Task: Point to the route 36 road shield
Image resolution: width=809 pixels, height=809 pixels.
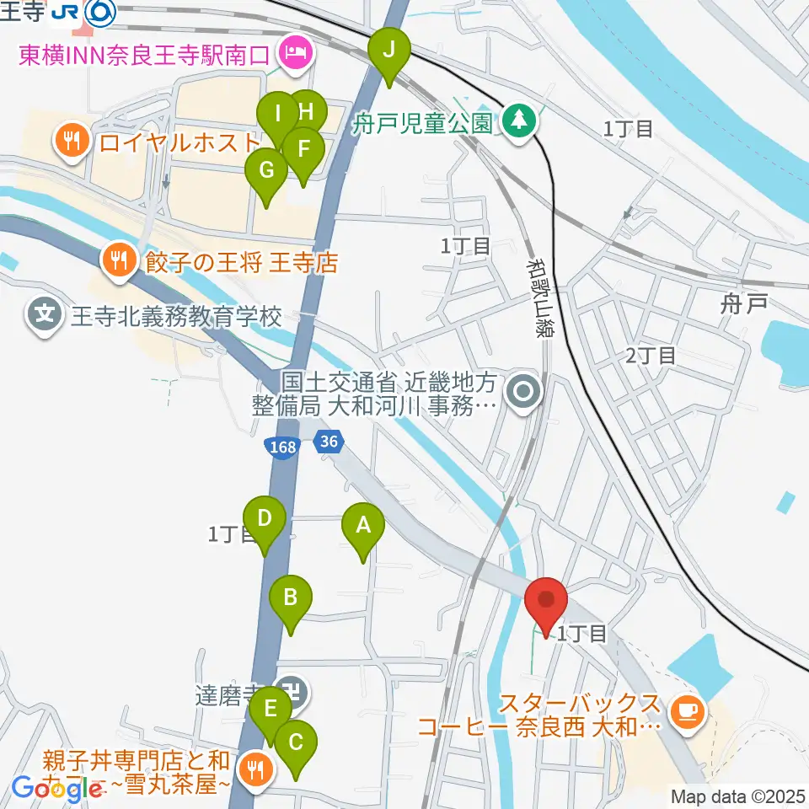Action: pos(331,441)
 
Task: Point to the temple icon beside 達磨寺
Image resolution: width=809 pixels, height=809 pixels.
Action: pos(296,693)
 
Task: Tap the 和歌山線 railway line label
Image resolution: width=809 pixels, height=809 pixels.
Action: pos(538,300)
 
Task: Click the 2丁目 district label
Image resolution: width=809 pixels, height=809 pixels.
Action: pos(651,356)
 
